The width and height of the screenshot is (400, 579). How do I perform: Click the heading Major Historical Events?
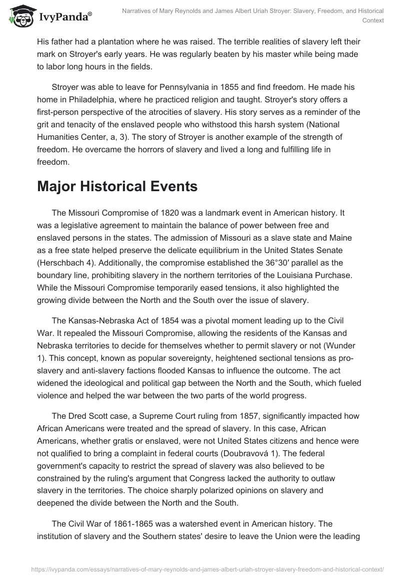pos(117,173)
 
